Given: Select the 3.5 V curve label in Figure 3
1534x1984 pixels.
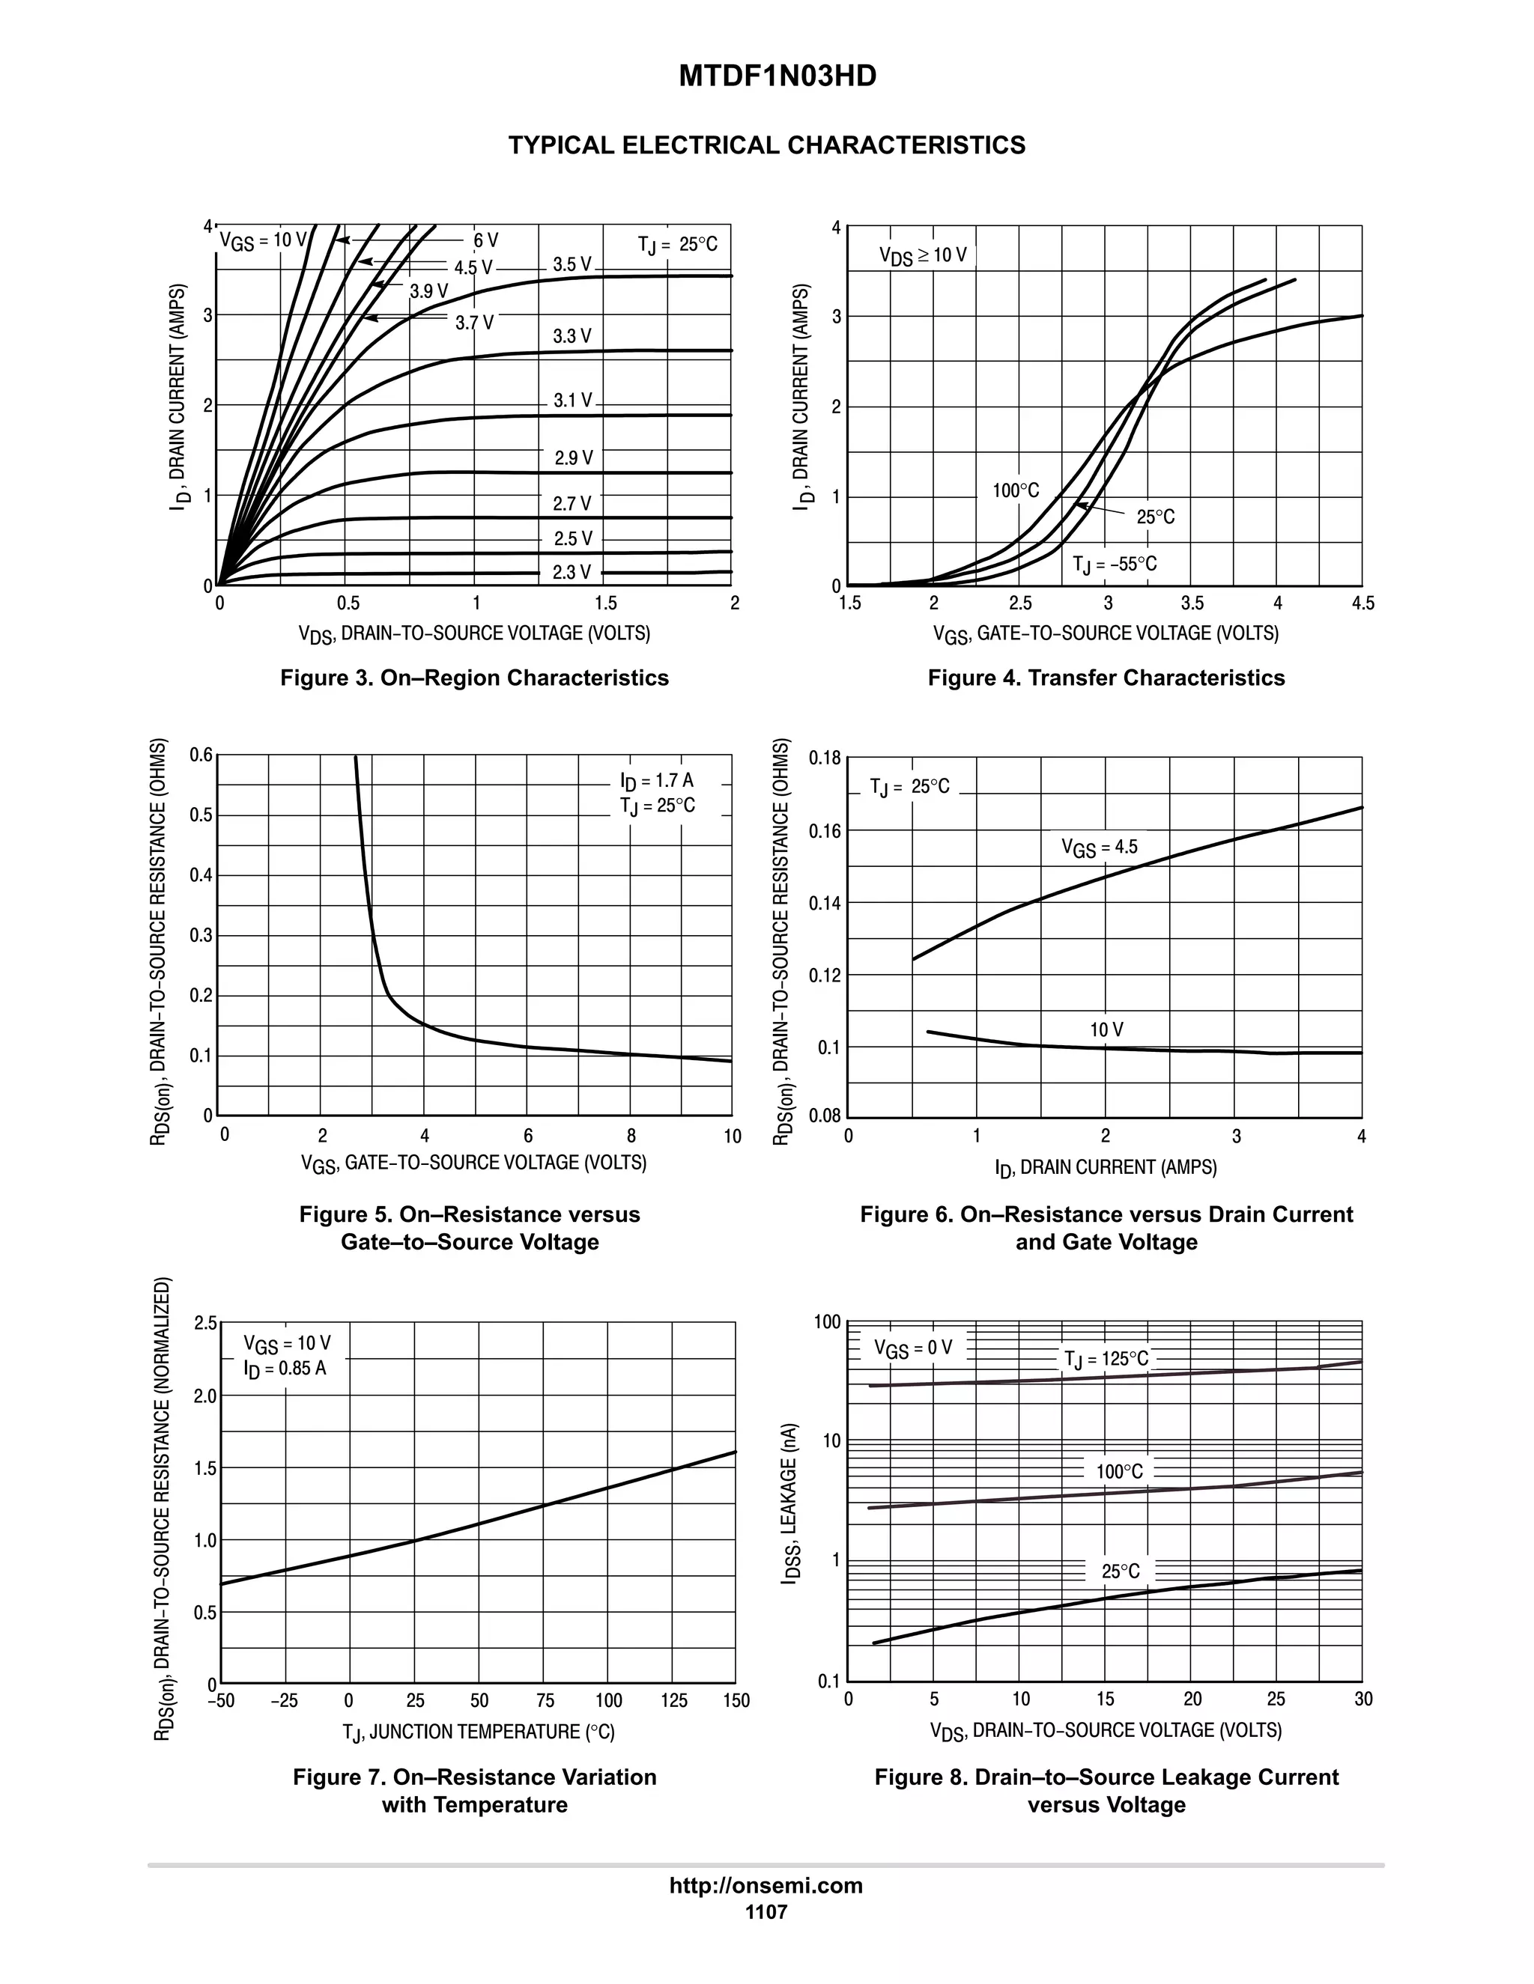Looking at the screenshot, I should (x=572, y=264).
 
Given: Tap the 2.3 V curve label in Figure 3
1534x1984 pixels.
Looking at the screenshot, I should (x=572, y=571).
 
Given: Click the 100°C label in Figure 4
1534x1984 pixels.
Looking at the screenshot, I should (x=1015, y=490).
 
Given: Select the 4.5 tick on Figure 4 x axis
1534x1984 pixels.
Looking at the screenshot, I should (x=1362, y=604).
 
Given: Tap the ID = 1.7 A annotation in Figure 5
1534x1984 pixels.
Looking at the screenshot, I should (x=656, y=780).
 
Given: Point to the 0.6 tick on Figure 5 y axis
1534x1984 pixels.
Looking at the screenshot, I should (x=201, y=755).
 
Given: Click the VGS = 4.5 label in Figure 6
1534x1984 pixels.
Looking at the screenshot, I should (x=1099, y=848).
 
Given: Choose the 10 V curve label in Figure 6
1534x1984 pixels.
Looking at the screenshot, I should (x=1106, y=1029).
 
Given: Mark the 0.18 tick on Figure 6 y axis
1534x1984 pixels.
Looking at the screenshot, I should (x=825, y=758).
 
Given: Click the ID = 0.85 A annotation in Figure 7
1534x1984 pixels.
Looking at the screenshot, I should (x=285, y=1368).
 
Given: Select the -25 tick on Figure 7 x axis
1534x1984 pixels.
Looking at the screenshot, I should (x=285, y=1700).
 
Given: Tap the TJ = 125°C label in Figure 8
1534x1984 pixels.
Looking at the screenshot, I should (x=1106, y=1359).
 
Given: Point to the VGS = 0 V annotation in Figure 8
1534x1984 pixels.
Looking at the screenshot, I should (x=912, y=1348).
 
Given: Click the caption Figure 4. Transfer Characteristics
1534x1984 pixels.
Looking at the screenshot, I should (x=1106, y=678).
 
